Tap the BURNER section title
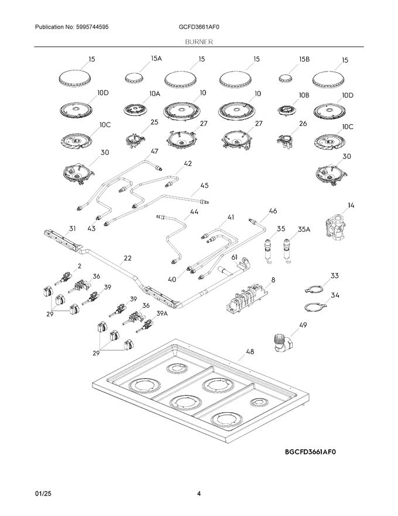pos(199,42)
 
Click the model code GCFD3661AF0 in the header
pos(199,27)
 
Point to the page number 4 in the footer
pos(199,493)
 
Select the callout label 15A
pos(156,59)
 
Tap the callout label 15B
pos(304,59)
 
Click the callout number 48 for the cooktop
pos(250,352)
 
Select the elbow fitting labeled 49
pos(283,344)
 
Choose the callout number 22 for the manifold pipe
pos(128,258)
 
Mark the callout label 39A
pos(162,314)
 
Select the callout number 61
pos(234,257)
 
